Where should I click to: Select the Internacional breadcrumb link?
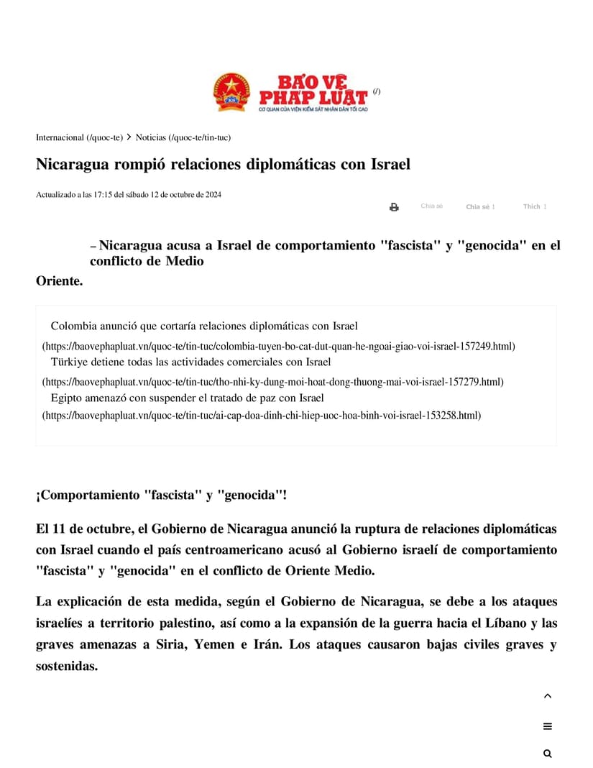[79, 137]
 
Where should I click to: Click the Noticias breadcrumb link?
[183, 137]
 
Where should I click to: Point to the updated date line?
[129, 194]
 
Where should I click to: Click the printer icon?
[394, 207]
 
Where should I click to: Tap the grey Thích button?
[534, 206]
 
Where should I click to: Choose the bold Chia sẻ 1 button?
[480, 206]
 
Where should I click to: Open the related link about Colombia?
[204, 326]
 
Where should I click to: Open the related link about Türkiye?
[190, 362]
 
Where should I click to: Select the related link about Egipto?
[187, 398]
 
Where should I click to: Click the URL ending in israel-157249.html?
[278, 346]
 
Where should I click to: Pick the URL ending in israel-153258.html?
[261, 415]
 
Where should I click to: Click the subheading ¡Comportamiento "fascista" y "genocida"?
[162, 495]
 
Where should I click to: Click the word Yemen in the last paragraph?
[213, 644]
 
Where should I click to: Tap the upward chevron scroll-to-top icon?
[548, 696]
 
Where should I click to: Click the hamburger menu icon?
[548, 726]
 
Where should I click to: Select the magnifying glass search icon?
[548, 754]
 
